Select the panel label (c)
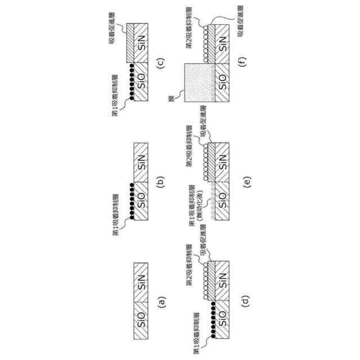coord(161,62)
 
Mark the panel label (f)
coord(245,62)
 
